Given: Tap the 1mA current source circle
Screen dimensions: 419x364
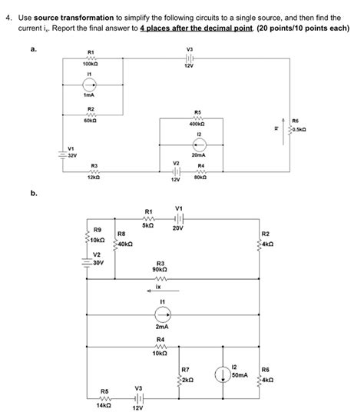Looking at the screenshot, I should [91, 85].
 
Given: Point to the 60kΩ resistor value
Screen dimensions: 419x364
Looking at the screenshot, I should [91, 120].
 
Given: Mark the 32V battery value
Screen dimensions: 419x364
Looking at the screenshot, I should [72, 155].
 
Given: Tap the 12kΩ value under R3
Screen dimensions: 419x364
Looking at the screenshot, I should [94, 177].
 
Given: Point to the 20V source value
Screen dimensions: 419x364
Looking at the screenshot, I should [178, 228].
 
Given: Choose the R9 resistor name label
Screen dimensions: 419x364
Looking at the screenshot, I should [97, 230].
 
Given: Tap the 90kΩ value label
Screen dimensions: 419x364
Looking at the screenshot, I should [160, 270].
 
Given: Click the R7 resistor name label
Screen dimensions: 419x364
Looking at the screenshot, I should [185, 370].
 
